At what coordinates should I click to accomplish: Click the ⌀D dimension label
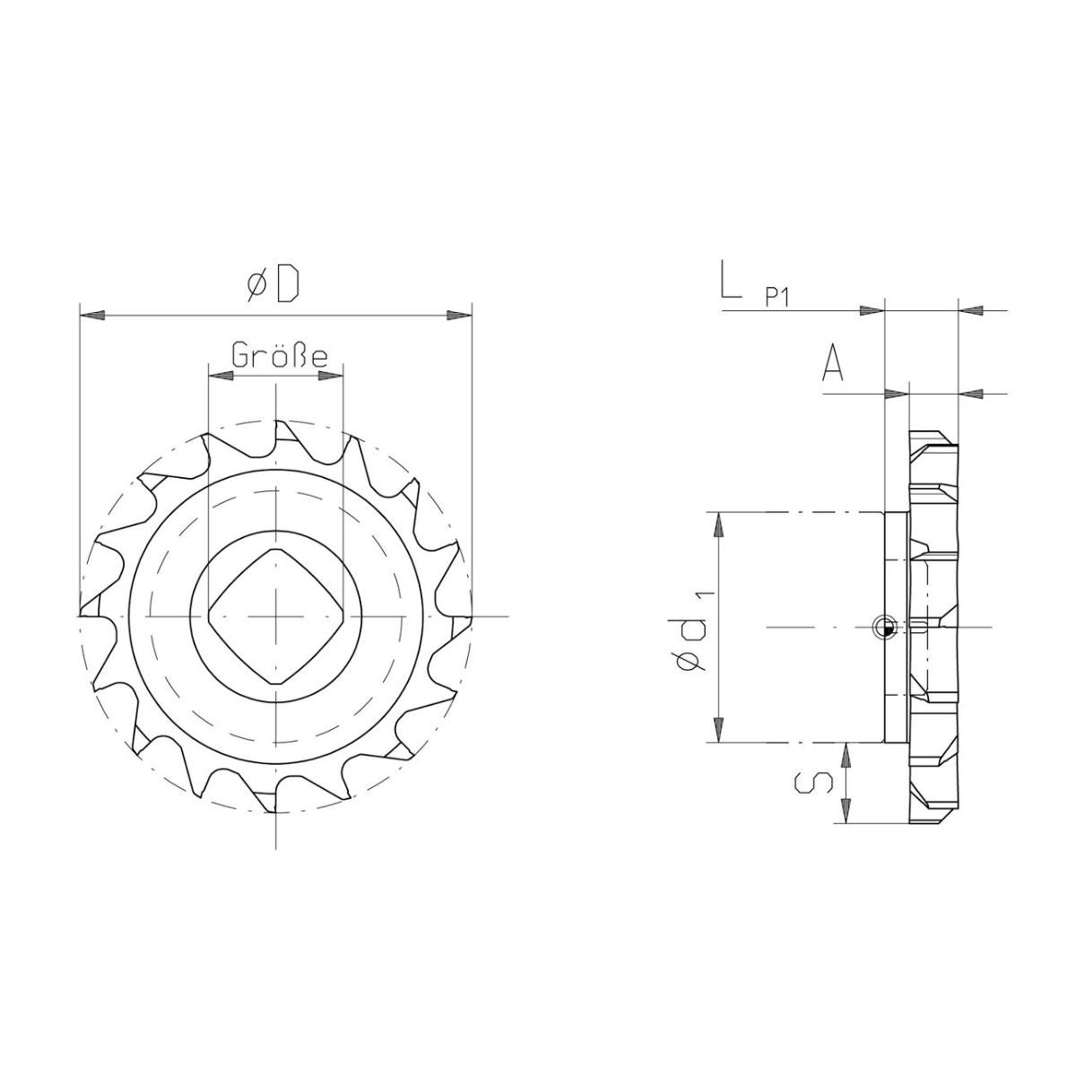pyautogui.click(x=273, y=286)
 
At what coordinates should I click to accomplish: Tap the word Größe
pyautogui.click(x=280, y=356)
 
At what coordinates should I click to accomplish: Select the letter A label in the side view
pyautogui.click(x=832, y=362)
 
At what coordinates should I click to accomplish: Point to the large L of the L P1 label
pyautogui.click(x=731, y=277)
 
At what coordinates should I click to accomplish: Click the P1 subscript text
pyautogui.click(x=777, y=299)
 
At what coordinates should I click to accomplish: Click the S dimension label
pyautogui.click(x=813, y=784)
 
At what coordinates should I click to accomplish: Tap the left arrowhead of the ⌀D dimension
pyautogui.click(x=92, y=316)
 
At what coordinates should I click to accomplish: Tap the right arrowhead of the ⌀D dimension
pyautogui.click(x=459, y=316)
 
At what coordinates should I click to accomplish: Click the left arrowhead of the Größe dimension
pyautogui.click(x=220, y=376)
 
